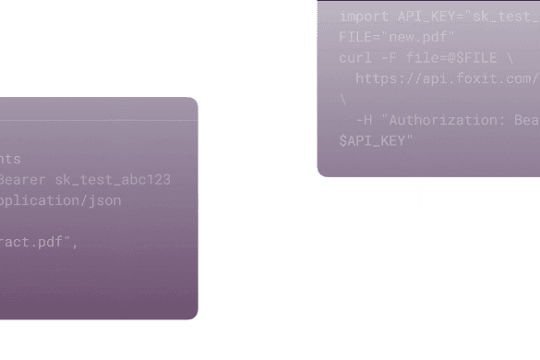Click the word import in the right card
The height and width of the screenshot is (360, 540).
click(x=365, y=17)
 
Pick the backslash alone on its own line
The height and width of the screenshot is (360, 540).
click(x=343, y=99)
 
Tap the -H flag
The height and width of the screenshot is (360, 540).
click(x=363, y=120)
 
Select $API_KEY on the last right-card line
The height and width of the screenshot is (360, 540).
click(x=375, y=140)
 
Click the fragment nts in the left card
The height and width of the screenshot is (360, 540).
click(x=10, y=159)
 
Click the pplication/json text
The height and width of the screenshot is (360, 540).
click(x=60, y=199)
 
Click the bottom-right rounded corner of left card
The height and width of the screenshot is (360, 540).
click(x=193, y=314)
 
